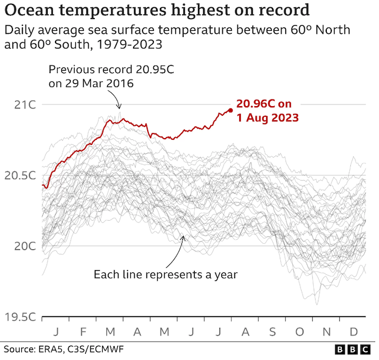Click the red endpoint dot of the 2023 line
click(230, 110)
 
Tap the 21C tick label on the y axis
click(25, 105)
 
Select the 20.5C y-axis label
click(21, 176)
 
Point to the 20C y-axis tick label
click(25, 246)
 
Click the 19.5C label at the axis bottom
click(21, 317)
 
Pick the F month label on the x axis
click(84, 331)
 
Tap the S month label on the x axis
click(272, 331)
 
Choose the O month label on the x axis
click(299, 331)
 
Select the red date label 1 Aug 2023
click(267, 118)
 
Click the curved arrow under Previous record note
click(116, 100)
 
